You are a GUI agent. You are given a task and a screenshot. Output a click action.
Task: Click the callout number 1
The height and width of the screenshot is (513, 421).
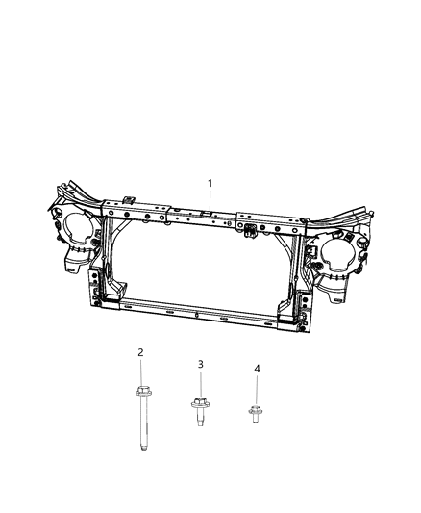210,183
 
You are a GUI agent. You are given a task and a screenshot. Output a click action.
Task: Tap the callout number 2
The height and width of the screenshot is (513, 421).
140,353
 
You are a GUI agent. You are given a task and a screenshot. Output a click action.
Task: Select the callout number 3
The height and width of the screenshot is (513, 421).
200,364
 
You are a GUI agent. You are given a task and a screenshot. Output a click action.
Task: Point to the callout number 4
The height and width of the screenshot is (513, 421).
257,369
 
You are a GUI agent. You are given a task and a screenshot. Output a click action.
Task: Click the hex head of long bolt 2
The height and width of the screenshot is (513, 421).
140,392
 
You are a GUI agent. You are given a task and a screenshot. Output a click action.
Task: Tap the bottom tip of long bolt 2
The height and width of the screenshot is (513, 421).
140,449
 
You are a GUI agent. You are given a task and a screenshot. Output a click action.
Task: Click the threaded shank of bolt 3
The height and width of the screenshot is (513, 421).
200,422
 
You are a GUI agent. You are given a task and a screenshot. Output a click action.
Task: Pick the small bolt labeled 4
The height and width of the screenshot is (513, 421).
257,415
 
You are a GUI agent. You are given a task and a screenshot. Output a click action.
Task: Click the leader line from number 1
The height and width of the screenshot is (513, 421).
210,198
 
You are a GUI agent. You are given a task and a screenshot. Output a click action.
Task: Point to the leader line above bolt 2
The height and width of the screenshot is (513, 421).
140,372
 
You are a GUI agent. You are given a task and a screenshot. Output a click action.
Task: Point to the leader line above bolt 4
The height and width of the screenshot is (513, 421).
257,390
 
